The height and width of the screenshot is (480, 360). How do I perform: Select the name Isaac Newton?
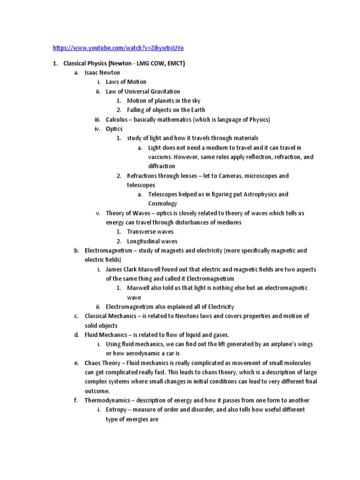click(102, 73)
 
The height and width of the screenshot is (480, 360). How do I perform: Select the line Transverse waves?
click(150, 232)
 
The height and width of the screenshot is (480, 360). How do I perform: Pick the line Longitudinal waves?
click(152, 241)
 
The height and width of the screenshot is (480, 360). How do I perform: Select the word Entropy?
click(116, 409)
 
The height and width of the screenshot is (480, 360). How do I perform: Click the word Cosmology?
click(163, 203)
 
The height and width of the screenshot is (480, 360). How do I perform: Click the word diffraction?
click(162, 166)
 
